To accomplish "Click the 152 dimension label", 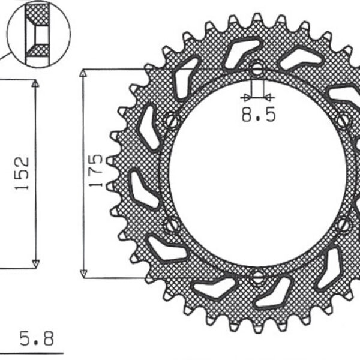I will [22, 173].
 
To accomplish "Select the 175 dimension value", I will [97, 172].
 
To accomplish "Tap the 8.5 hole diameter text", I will [259, 115].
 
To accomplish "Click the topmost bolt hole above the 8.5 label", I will [257, 69].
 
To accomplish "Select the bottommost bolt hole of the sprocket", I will [258, 278].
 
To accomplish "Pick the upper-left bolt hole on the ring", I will [172, 121].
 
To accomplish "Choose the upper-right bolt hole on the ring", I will [343, 121].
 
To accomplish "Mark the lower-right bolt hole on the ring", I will [343, 226].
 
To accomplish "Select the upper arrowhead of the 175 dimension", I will [83, 74].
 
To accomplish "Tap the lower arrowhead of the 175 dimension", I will [83, 272].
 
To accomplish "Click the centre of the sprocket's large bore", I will [258, 173].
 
